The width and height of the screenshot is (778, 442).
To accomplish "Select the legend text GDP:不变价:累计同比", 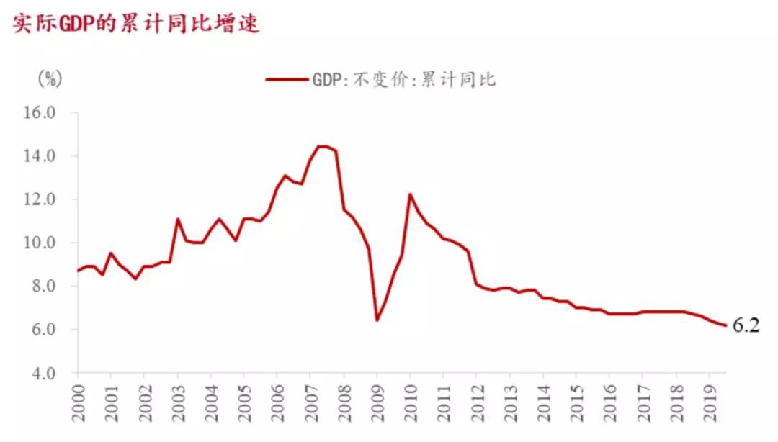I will (x=403, y=79).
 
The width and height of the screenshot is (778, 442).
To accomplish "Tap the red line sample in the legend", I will (x=286, y=79).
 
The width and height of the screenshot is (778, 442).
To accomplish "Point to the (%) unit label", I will (x=50, y=78).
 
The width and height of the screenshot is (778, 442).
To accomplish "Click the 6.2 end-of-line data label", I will (x=746, y=325).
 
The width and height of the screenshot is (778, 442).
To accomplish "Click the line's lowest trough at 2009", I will (x=377, y=320).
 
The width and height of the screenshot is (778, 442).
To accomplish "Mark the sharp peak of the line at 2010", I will (x=409, y=194).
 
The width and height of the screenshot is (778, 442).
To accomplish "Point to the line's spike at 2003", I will (x=177, y=219).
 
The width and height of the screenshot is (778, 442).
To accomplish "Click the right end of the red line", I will (x=725, y=325).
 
